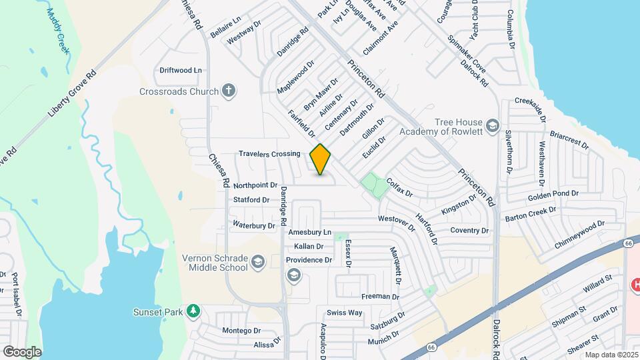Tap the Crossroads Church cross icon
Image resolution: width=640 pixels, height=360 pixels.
pyautogui.click(x=229, y=91)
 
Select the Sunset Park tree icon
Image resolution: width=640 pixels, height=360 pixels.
pyautogui.click(x=193, y=311)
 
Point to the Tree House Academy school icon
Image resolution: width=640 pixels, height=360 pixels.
pyautogui.click(x=492, y=125)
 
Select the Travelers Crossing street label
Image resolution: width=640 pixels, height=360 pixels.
pyautogui.click(x=270, y=154)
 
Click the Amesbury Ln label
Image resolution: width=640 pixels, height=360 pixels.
pyautogui.click(x=309, y=232)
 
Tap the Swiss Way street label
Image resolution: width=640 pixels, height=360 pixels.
pyautogui.click(x=344, y=313)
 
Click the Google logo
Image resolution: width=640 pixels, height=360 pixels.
pyautogui.click(x=22, y=351)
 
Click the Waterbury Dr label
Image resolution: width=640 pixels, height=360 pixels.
pyautogui.click(x=254, y=225)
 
